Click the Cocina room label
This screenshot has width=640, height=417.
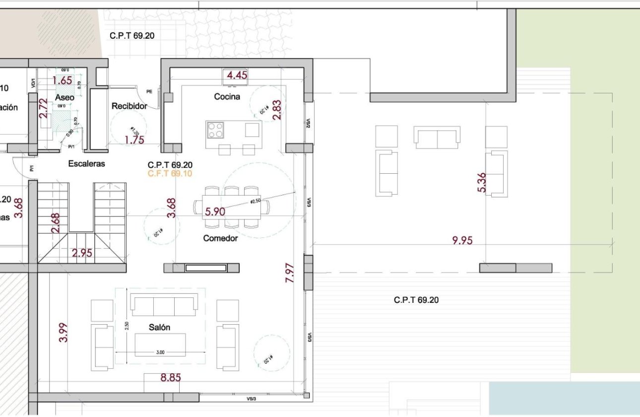pos(227,97)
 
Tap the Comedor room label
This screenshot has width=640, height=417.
pos(220,238)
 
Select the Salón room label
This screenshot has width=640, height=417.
pos(159,328)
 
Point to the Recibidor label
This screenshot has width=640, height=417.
pos(129,106)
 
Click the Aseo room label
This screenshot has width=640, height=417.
pos(64,98)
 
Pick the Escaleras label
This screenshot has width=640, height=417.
pos(87,164)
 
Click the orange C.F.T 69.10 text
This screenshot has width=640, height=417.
pos(170,174)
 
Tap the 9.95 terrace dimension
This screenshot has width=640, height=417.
pos(462,241)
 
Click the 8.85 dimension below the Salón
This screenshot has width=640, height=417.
pos(171,378)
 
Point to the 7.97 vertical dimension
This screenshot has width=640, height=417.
pos(290,273)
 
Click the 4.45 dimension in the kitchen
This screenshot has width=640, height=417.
pos(237,75)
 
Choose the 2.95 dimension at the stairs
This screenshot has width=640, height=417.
pos(82,253)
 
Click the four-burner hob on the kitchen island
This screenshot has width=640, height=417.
pos(215,130)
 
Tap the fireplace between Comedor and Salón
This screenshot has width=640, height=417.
pos(205,268)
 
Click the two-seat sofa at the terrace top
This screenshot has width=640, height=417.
pos(437,138)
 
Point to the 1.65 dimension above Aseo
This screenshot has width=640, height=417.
pos(63,80)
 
